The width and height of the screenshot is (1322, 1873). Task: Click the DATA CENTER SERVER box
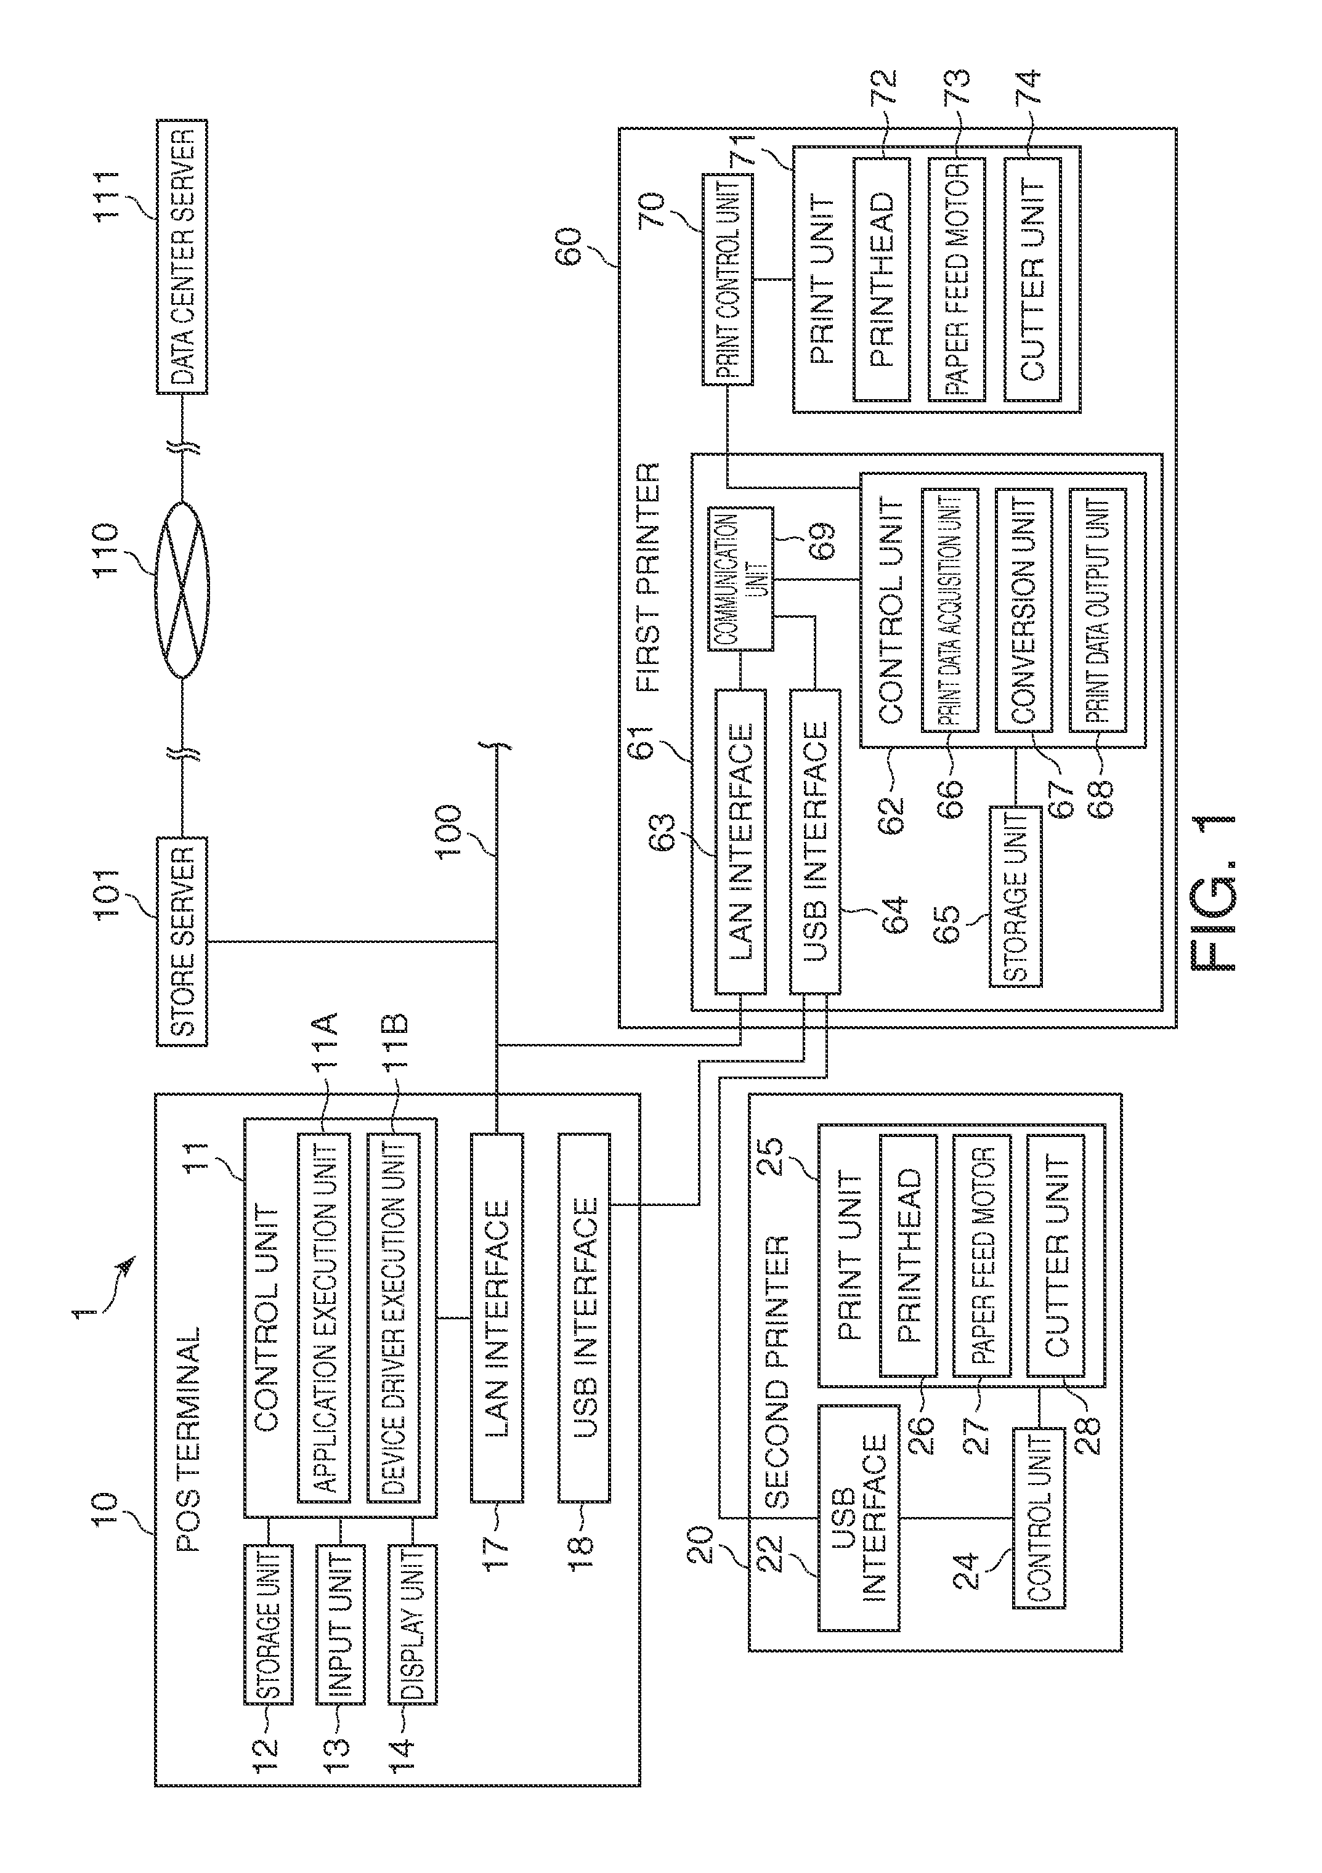[x=181, y=257]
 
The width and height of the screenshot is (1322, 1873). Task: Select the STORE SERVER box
[x=181, y=941]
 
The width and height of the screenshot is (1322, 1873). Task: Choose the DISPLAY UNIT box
[x=412, y=1624]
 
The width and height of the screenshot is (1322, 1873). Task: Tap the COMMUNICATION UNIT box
[x=739, y=579]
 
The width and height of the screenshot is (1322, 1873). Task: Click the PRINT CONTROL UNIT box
[x=727, y=279]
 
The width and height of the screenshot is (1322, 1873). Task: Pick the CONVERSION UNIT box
[x=1023, y=610]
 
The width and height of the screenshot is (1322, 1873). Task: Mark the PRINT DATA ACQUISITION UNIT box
[x=950, y=610]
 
